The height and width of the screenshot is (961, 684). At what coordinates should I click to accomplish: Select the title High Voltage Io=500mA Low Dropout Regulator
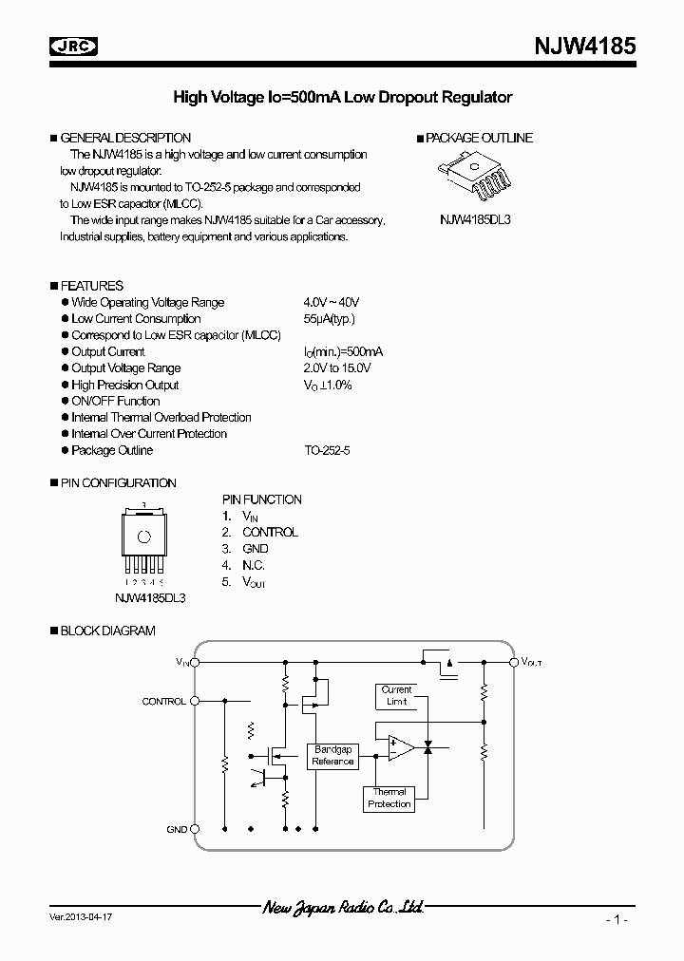click(342, 97)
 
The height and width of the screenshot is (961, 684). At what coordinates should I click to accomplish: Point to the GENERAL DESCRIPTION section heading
click(125, 138)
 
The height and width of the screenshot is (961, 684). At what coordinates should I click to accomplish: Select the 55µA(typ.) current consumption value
click(330, 319)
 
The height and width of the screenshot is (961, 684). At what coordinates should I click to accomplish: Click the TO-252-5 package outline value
click(328, 450)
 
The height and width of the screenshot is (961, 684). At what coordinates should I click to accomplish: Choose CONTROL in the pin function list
click(270, 532)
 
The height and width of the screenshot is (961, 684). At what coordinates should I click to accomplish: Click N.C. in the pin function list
click(253, 565)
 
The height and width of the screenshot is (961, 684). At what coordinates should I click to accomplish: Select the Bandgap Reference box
click(332, 756)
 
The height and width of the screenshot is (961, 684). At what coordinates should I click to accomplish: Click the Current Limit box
click(396, 696)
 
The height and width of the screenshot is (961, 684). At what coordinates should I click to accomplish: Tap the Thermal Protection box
click(389, 798)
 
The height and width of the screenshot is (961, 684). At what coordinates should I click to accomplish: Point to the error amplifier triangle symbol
click(400, 749)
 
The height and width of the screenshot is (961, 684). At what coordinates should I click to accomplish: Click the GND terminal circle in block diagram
click(196, 829)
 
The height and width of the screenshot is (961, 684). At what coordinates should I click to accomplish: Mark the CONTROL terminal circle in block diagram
click(196, 701)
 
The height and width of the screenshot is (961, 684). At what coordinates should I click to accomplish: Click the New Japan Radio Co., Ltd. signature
click(342, 908)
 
